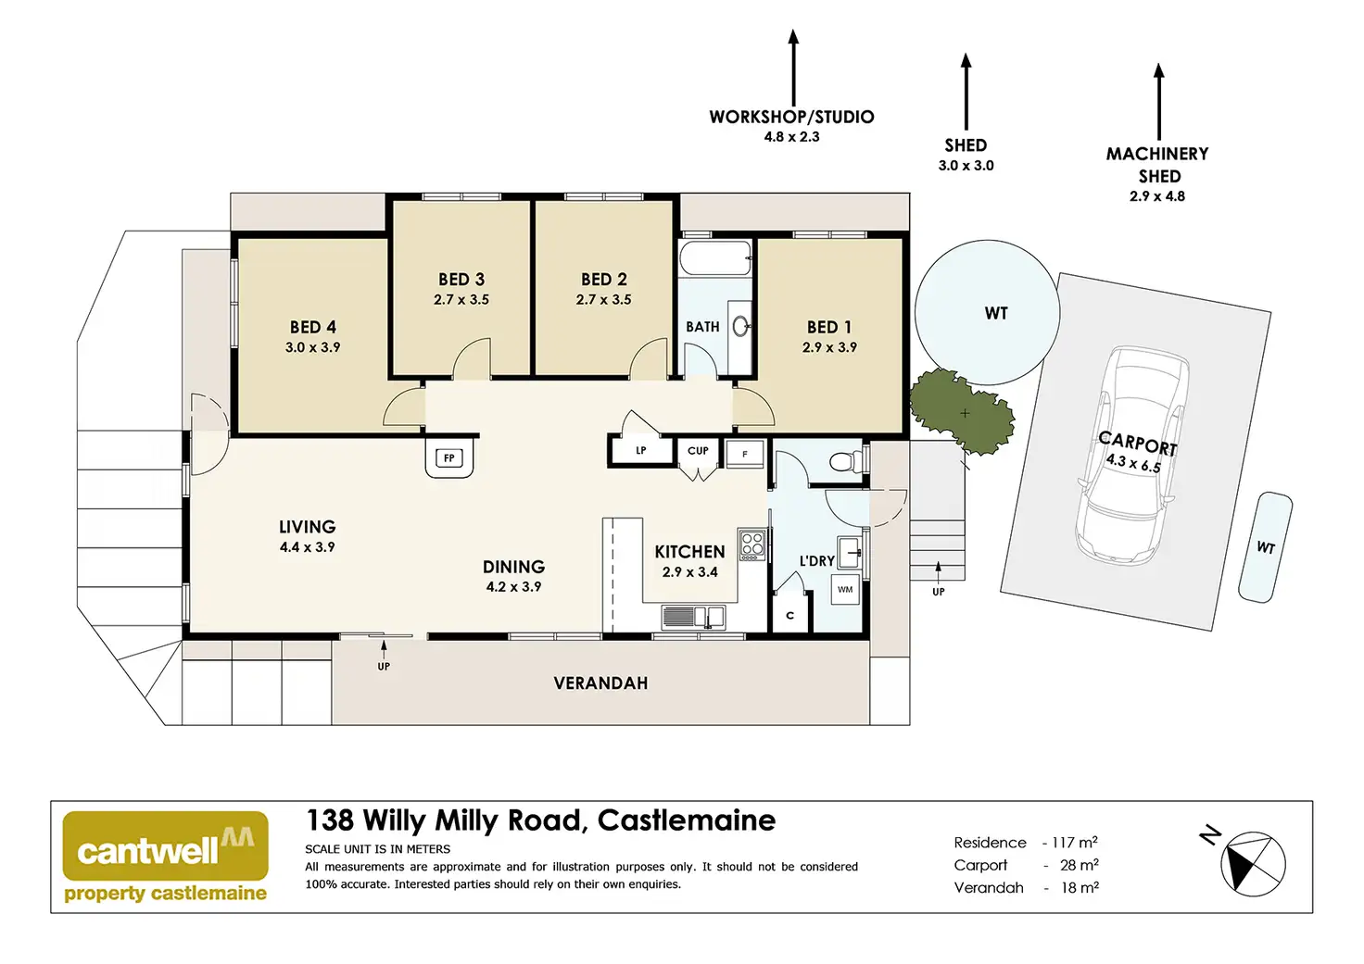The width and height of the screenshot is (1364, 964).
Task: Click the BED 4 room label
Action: point(312,328)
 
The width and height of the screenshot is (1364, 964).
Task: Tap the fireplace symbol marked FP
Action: point(449,458)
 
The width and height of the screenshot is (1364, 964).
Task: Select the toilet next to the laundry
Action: point(845,461)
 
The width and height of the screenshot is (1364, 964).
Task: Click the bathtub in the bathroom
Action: point(714,258)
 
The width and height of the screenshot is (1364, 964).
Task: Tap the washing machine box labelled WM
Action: point(845,590)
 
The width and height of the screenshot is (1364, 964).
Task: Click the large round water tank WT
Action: point(987,312)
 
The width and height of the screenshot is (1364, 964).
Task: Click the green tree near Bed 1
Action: point(961,411)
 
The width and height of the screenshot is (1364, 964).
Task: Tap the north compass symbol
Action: point(1253,864)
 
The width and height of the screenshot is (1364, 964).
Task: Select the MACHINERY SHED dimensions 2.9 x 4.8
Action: point(1157,196)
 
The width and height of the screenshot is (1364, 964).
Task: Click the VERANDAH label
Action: point(600,683)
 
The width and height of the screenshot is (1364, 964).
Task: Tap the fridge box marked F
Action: point(745,455)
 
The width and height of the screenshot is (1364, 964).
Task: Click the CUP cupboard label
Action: point(698,451)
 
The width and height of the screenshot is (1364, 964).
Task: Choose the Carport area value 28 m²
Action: point(1079,865)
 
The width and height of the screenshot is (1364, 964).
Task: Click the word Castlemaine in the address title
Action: point(687,820)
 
